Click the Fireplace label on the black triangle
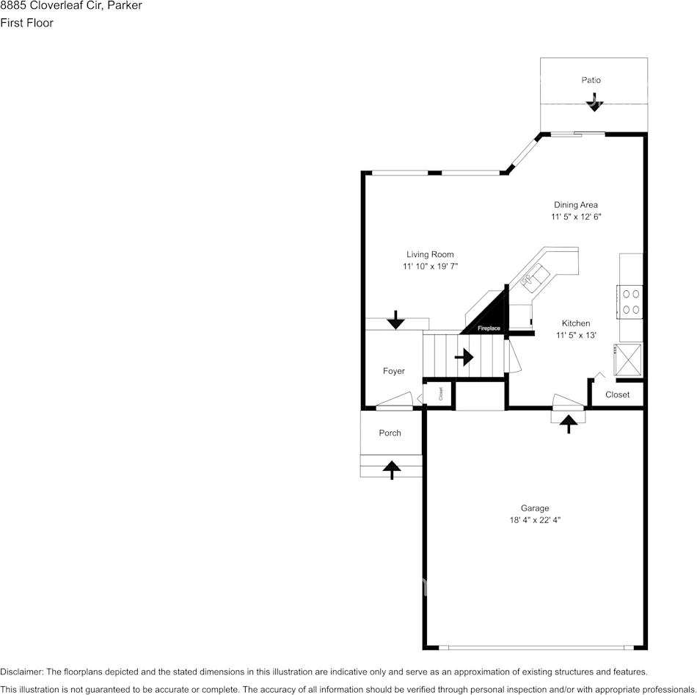click(x=489, y=328)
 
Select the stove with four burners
click(x=630, y=301)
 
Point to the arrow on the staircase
click(x=464, y=358)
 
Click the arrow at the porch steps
click(x=391, y=468)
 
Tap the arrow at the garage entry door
click(x=569, y=422)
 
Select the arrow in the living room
click(x=395, y=319)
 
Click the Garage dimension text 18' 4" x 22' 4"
click(x=535, y=520)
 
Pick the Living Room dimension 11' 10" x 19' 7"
click(x=430, y=267)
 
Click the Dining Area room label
click(x=576, y=205)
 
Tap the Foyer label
click(x=394, y=371)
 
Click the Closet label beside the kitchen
click(x=617, y=395)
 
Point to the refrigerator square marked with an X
click(x=628, y=359)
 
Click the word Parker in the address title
click(x=125, y=6)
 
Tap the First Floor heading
click(x=26, y=23)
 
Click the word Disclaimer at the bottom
click(x=21, y=671)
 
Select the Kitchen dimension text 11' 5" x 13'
click(x=576, y=335)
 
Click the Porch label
click(x=390, y=433)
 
